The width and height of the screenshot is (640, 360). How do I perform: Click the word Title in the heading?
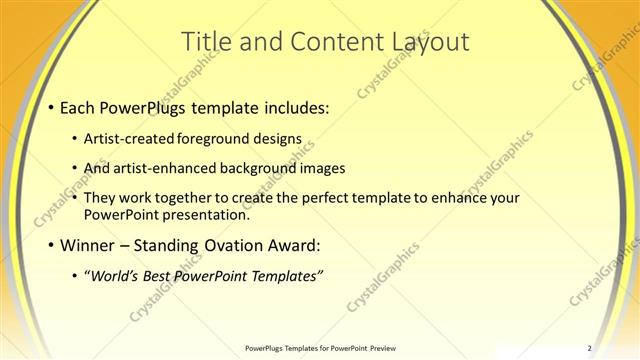[207, 42]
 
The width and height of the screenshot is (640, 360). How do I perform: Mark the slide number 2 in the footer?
[590, 348]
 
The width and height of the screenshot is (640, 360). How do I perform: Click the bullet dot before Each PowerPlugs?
[52, 107]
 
